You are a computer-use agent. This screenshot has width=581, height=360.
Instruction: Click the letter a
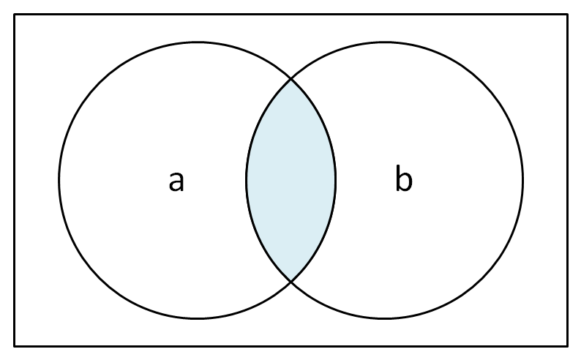176,181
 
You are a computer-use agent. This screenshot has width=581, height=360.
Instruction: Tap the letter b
403,178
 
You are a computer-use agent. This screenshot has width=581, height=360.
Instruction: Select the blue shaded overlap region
291,180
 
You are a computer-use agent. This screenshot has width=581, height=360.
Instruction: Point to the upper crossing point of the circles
291,79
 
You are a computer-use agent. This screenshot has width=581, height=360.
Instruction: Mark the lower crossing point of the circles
291,282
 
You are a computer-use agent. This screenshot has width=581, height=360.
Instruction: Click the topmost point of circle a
198,42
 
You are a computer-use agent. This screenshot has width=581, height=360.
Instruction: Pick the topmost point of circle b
385,42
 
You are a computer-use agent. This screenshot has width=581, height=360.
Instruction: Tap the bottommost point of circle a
198,318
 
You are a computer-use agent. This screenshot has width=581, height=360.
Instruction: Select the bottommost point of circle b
385,318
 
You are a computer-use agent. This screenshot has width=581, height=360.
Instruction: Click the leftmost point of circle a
59,181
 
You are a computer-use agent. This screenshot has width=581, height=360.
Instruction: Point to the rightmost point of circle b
522,181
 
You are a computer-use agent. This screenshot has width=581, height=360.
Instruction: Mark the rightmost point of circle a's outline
336,181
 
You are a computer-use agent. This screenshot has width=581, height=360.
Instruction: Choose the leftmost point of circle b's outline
247,181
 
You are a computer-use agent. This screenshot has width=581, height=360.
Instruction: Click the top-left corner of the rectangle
15,15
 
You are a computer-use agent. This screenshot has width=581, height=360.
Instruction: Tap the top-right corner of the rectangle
567,15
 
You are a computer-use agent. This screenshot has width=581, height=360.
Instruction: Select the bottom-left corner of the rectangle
15,346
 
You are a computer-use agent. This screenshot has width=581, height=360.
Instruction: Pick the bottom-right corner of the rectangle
567,346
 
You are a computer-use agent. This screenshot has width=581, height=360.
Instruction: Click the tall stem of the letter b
398,178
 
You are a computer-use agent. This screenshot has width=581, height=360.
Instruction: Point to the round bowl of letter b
405,181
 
